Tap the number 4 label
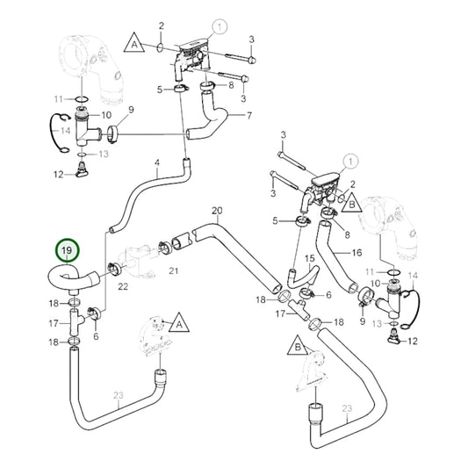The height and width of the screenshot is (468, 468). [157, 163]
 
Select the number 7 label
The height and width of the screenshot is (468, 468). [248, 116]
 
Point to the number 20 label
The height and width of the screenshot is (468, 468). [218, 211]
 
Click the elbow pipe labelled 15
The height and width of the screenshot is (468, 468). [300, 278]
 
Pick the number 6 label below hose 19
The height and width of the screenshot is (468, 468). [95, 335]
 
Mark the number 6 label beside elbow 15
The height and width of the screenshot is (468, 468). [328, 296]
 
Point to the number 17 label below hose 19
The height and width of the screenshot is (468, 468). [52, 323]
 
